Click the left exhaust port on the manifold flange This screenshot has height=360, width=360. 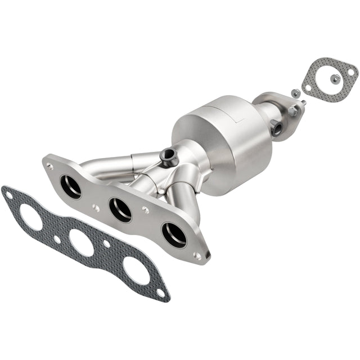[x=71, y=187]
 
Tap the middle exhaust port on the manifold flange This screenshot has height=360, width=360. [x=120, y=209]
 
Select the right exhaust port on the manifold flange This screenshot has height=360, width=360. [x=174, y=234]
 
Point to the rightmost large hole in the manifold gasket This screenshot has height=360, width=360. [x=136, y=270]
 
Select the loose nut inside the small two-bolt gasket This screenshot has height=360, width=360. [x=335, y=78]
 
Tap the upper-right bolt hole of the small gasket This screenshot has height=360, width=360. [x=350, y=71]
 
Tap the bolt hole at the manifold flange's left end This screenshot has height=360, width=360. [x=50, y=166]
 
